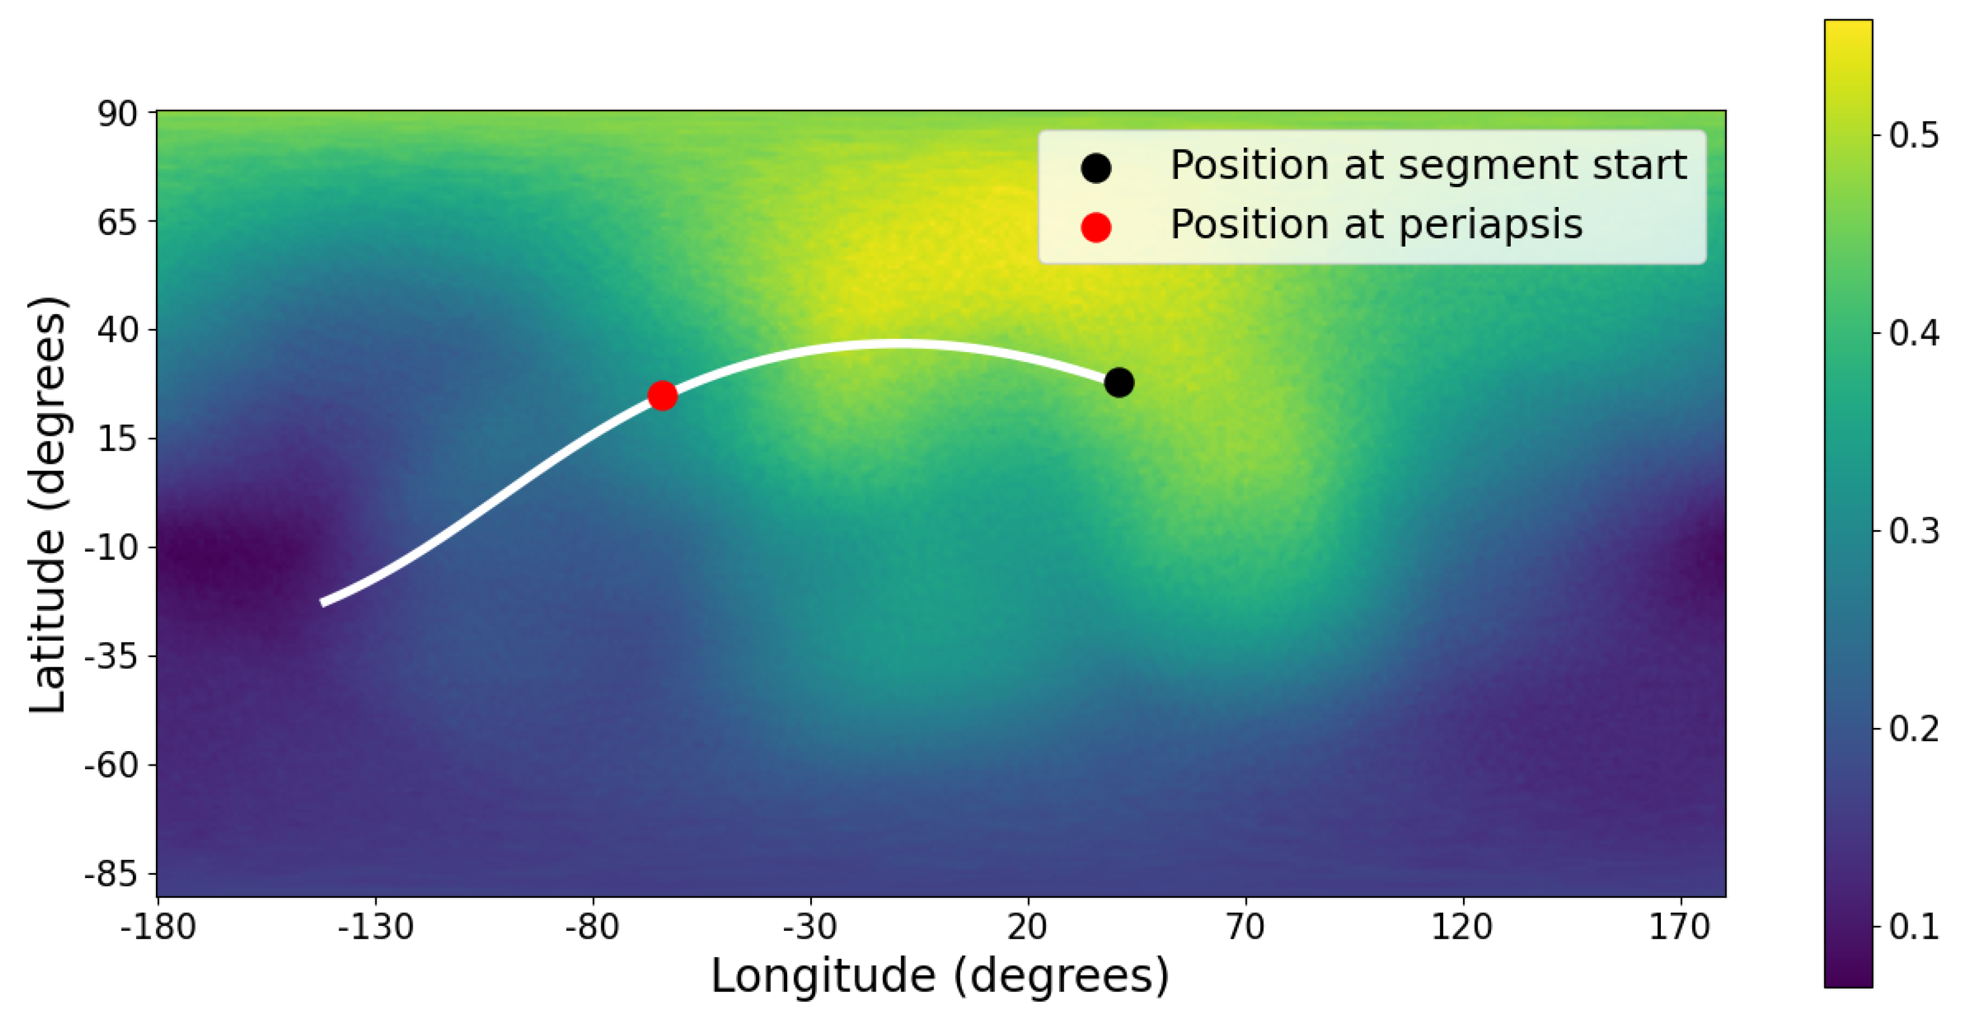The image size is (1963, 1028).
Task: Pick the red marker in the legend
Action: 1095,227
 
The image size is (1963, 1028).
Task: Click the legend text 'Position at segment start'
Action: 1428,166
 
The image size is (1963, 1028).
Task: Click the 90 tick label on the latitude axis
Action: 117,115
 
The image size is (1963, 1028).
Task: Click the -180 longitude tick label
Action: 158,926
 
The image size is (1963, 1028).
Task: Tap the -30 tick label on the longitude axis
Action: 810,926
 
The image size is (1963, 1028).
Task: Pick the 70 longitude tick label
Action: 1245,926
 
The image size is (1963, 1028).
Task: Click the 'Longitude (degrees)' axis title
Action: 940,976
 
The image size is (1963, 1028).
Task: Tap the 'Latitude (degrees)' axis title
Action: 47,504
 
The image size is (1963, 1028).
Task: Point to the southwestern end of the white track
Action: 324,602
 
